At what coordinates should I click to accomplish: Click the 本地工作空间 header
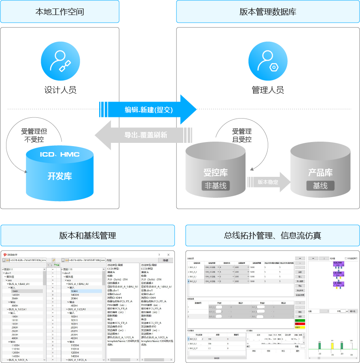click(x=60, y=12)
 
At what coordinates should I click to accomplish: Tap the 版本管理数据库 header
click(x=268, y=12)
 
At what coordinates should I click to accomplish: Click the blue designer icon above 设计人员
click(x=60, y=61)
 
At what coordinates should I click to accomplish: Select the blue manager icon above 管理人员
click(x=267, y=61)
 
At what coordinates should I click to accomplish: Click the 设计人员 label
click(x=60, y=90)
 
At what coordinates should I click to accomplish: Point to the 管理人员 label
click(x=267, y=90)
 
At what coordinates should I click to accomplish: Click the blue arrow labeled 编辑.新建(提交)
click(x=148, y=109)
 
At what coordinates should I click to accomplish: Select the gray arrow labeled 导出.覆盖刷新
click(x=140, y=135)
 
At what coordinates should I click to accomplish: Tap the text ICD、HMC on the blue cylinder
click(x=60, y=155)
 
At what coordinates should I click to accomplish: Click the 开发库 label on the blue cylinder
click(x=60, y=176)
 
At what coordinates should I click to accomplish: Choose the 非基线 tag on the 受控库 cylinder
click(x=216, y=186)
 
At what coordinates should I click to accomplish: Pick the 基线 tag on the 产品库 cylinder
click(x=320, y=186)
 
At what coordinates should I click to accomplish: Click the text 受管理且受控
click(x=242, y=135)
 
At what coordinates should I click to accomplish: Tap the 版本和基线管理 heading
click(x=87, y=235)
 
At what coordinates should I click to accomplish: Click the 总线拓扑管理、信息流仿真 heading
click(x=273, y=235)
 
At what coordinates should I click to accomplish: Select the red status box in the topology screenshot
click(x=300, y=324)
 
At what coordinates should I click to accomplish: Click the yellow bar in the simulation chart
click(x=332, y=346)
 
